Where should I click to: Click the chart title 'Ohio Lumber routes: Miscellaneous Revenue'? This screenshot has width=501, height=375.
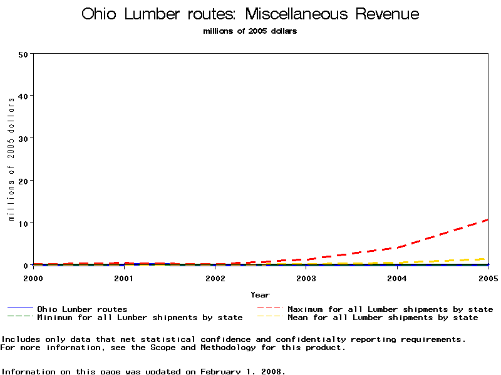tap(250, 14)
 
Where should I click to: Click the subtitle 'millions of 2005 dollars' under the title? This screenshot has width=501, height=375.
tap(250, 31)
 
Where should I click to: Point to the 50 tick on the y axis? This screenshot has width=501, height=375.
tap(24, 54)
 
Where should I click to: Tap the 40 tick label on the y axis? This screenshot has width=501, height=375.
tap(24, 96)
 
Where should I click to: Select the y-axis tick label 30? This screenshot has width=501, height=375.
tap(24, 138)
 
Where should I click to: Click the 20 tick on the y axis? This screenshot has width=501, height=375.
tap(24, 181)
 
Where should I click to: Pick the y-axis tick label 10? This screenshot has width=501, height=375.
tap(24, 223)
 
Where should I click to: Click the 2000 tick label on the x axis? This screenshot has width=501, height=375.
tap(33, 277)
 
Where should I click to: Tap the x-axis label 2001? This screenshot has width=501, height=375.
tap(124, 277)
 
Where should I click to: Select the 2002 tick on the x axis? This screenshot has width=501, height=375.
tap(215, 277)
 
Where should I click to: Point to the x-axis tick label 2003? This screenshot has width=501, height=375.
tap(306, 277)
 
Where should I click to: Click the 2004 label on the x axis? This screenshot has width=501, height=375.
tap(397, 277)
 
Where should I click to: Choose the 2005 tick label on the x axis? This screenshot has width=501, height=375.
tap(487, 277)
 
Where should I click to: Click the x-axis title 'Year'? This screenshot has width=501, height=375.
tap(260, 295)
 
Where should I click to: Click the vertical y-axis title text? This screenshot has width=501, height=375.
tap(11, 159)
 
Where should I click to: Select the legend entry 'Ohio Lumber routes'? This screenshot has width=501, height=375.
tap(82, 309)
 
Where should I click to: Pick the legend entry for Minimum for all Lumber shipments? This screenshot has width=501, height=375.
tap(139, 317)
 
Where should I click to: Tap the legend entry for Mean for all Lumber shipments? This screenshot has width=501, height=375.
tap(382, 317)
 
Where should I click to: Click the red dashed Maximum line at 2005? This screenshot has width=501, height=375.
tap(486, 220)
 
